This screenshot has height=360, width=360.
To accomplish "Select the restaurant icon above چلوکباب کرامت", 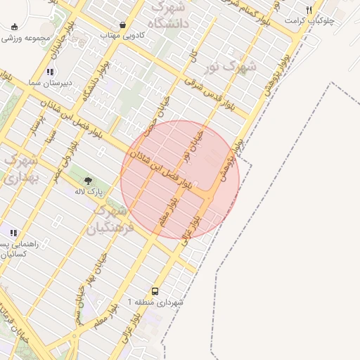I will click(309, 10).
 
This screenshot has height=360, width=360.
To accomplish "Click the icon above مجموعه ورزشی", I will click(15, 27).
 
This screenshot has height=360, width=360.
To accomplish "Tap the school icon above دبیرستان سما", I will click(50, 72).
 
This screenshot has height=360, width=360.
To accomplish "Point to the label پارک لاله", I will click(90, 191).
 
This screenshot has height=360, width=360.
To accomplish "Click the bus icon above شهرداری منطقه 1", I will click(155, 291).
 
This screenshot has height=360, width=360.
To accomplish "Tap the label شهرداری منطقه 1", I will click(155, 302).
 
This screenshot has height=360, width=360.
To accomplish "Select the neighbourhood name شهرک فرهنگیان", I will click(108, 219).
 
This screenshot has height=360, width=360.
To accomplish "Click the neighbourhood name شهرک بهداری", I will click(20, 169).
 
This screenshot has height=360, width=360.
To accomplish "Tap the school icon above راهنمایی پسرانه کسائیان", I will click(13, 233).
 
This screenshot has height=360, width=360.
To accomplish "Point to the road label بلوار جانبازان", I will click(64, 54).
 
